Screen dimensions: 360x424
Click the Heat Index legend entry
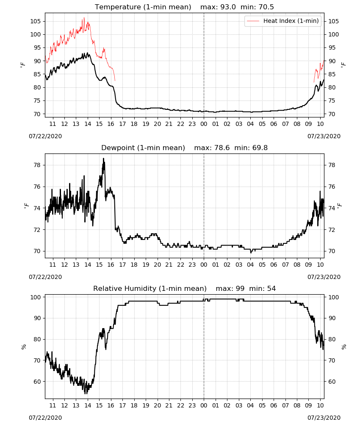tap(283, 21)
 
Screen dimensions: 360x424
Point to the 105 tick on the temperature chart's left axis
tap(36, 21)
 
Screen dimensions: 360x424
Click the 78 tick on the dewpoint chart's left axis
tap(37, 165)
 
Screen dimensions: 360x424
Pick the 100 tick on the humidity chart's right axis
tap(333, 297)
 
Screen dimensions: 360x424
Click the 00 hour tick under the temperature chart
tap(204, 124)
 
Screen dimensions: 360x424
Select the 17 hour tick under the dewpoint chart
tap(122, 265)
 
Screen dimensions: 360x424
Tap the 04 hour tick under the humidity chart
tap(250, 406)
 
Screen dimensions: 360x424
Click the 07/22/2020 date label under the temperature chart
tap(45, 136)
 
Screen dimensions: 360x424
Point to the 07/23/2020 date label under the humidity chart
tap(324, 418)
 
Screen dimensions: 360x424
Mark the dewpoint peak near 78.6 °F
tap(103, 159)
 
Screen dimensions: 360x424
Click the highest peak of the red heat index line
tap(84, 18)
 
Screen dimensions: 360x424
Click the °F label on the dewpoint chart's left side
tap(26, 206)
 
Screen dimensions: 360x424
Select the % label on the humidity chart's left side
tap(24, 347)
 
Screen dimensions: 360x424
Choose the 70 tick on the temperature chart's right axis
tap(332, 114)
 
